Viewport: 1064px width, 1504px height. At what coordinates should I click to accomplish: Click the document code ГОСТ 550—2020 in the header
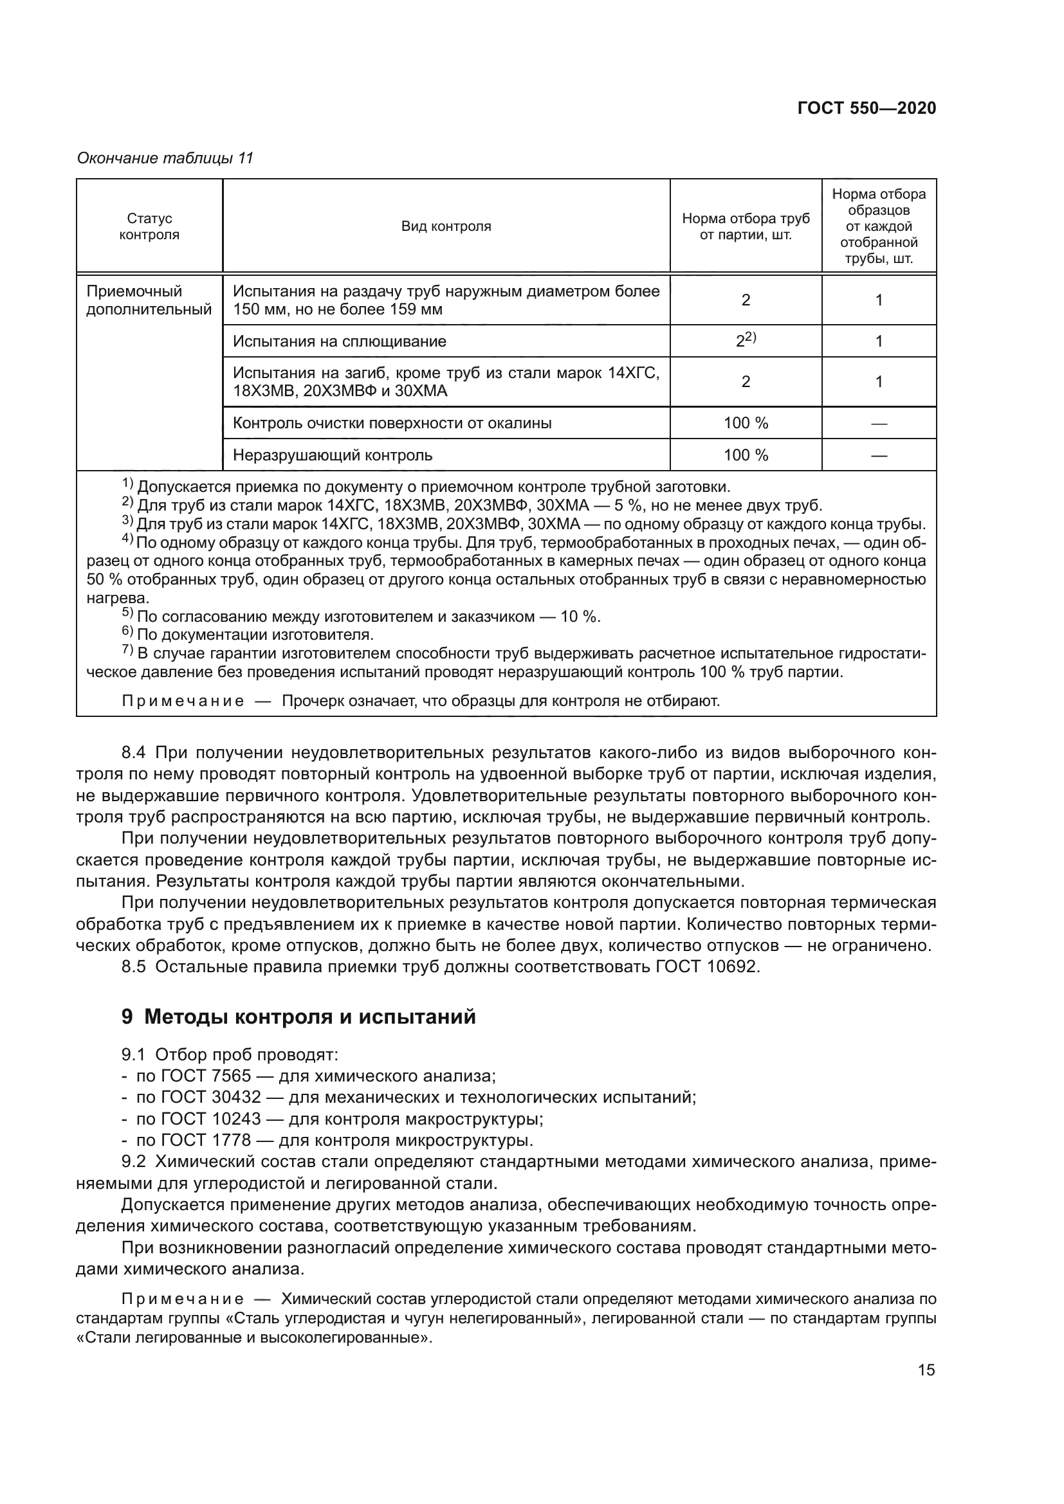pos(866,109)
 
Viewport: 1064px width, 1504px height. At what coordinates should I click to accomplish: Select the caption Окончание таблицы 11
pos(165,159)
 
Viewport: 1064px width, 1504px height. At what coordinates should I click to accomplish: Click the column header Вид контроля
pos(446,226)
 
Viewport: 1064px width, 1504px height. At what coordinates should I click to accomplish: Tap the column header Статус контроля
pos(149,226)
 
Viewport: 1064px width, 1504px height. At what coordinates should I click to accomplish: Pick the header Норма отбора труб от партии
pos(746,226)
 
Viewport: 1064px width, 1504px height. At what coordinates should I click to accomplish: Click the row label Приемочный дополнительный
pos(149,301)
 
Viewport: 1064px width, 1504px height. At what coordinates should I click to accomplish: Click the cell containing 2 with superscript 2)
pos(746,341)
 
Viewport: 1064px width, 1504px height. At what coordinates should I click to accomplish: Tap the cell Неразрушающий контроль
pos(332,455)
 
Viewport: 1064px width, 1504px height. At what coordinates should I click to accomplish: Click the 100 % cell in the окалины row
pos(746,423)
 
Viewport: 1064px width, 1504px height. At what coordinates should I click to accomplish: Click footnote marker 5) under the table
pos(128,615)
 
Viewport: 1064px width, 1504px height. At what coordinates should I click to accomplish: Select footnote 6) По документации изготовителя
pos(255,635)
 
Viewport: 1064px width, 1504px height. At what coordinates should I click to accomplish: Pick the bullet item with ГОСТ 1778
pos(334,1141)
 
